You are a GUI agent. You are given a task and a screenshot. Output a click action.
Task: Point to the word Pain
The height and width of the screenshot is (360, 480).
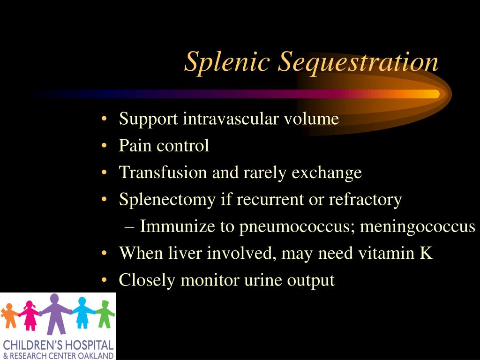135,146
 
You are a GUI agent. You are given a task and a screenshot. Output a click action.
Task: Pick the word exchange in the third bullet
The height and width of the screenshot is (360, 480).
326,173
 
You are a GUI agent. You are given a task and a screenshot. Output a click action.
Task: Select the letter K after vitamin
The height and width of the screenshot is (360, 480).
426,253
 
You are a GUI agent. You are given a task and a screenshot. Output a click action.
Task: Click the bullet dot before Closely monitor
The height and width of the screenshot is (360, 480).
104,281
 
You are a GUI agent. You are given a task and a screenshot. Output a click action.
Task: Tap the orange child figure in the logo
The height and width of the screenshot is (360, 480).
8,315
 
